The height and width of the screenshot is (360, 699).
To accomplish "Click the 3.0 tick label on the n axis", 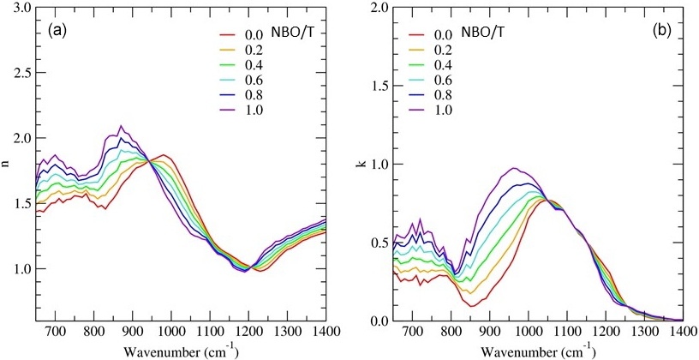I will click(x=23, y=8).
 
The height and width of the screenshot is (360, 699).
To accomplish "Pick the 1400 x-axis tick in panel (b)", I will click(x=683, y=332).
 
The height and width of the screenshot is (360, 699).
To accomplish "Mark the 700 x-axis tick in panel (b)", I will click(x=413, y=332).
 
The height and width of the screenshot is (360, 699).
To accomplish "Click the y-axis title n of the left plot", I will click(x=8, y=163).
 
